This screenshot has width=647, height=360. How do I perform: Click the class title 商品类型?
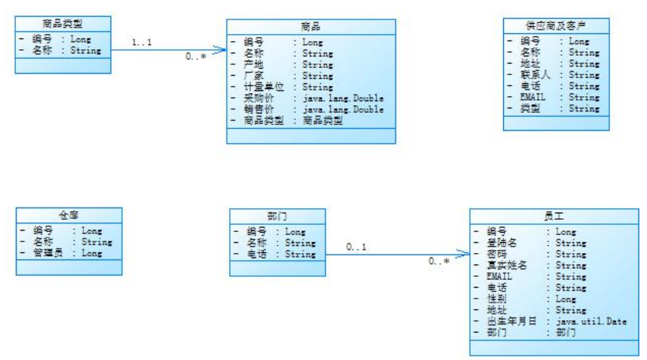coord(63,24)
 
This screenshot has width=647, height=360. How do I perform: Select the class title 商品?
coord(311,27)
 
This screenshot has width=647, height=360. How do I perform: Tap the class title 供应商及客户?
coord(556,25)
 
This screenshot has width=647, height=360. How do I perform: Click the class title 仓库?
coord(69,215)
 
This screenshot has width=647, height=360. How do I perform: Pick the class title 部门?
coord(277,216)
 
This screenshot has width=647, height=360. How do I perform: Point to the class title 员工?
coord(554,216)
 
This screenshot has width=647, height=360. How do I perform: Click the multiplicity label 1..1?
coord(142,43)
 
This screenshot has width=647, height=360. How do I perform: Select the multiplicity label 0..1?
coord(356,247)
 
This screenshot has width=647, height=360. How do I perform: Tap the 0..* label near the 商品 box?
coord(195,56)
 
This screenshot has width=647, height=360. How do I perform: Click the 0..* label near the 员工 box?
coord(438,262)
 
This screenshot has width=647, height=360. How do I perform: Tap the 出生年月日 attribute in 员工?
coord(512,321)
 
